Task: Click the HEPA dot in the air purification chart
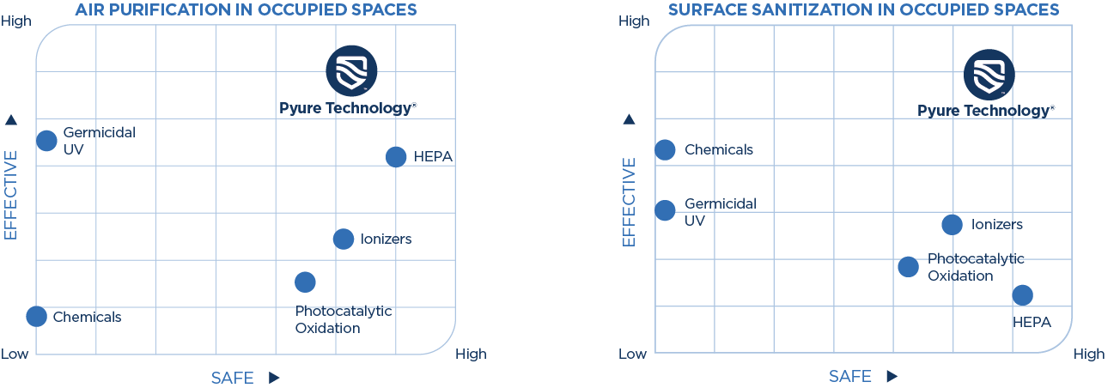pos(396,156)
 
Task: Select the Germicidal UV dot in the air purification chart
pos(47,140)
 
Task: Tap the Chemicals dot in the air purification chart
pos(36,316)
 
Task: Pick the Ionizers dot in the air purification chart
pos(344,239)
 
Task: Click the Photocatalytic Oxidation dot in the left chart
pos(305,281)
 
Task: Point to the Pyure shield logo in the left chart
pos(351,71)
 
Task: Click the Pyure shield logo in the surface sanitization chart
pos(989,75)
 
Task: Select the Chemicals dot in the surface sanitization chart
pos(666,149)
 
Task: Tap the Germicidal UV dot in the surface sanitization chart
pos(666,209)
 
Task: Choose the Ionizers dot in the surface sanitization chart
pos(952,224)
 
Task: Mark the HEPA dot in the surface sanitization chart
pos(1022,294)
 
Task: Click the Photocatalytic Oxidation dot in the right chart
pos(908,266)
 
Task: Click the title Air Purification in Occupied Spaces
pos(247,10)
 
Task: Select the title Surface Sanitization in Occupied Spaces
pos(863,10)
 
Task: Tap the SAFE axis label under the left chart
pos(232,378)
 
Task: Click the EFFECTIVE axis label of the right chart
pos(629,202)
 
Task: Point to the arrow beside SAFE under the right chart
pos(892,377)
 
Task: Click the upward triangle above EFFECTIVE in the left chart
pos(11,119)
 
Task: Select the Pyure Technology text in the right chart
pos(985,111)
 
